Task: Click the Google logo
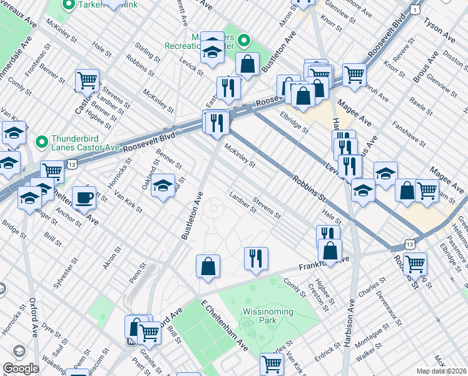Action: click(x=21, y=368)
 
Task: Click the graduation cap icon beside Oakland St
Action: click(x=163, y=186)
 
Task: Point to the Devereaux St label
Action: click(x=386, y=308)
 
